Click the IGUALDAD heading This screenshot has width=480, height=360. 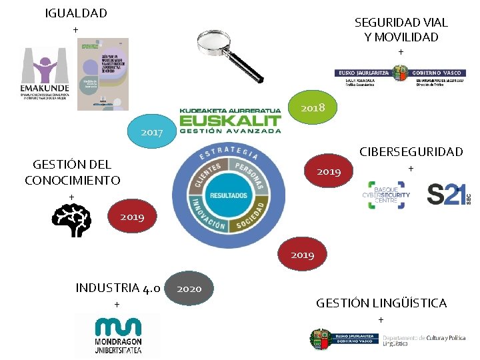76,13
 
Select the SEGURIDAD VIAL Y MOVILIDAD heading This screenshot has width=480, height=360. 401,30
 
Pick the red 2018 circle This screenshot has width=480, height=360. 313,107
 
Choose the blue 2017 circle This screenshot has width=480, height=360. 151,132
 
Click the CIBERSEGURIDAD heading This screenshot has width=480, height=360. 411,152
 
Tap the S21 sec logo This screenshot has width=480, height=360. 449,195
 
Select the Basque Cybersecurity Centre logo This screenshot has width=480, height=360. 386,195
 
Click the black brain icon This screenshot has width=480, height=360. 71,220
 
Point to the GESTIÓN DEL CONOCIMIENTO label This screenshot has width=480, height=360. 72,172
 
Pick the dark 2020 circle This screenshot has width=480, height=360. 189,289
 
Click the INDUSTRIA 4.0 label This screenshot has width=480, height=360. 117,288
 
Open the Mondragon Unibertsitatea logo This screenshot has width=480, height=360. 118,336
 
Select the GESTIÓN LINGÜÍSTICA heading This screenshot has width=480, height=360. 381,303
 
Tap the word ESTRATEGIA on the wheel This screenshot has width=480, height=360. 229,151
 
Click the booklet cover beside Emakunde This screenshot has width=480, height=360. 103,73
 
